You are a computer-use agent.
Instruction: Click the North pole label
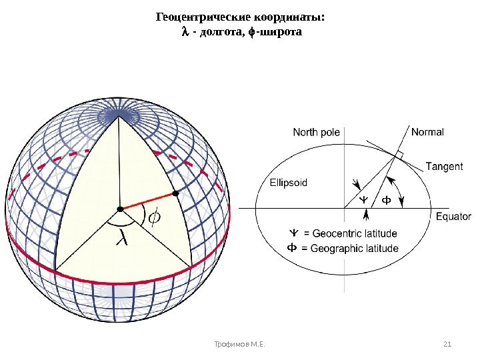316,133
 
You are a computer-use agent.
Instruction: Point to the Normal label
427,132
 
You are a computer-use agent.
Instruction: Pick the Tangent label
444,166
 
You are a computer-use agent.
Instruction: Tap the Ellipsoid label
289,182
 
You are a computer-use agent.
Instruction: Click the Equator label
453,217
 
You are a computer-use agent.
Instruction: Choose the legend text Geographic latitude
351,249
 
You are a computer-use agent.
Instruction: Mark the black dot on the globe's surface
176,193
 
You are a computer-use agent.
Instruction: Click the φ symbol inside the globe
154,217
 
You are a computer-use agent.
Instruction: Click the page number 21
447,344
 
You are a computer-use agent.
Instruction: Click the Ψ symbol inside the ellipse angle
363,199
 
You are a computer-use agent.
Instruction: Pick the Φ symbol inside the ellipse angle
385,199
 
